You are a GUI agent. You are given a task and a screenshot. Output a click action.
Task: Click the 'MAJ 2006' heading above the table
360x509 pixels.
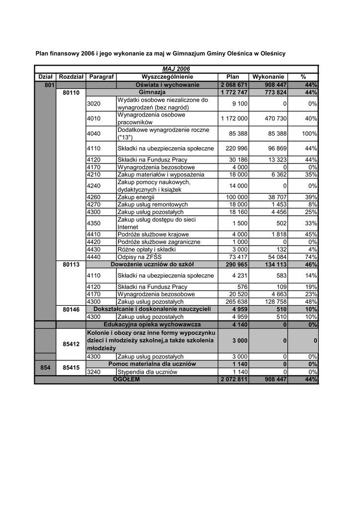(x=176, y=69)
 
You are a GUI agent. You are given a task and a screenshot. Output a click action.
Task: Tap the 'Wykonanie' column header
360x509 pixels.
(x=269, y=77)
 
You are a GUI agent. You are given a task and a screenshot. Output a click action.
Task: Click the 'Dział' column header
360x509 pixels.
(x=45, y=77)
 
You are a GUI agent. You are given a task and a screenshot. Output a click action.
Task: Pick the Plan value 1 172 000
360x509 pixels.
(x=234, y=119)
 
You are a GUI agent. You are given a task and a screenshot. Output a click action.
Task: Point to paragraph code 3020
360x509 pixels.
(x=93, y=104)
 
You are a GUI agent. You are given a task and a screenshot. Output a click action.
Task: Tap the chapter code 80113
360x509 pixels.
(x=71, y=265)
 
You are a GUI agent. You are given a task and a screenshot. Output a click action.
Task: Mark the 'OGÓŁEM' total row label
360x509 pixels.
(x=126, y=379)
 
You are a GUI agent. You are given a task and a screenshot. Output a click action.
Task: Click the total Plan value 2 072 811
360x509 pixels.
(x=233, y=380)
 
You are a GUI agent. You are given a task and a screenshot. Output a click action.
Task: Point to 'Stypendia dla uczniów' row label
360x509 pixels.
(x=147, y=372)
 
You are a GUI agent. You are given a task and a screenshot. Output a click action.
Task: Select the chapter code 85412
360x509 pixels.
(x=71, y=343)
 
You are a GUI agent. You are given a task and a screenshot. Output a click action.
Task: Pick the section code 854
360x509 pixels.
(x=45, y=368)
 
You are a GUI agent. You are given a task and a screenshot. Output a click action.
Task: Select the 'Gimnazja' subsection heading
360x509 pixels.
(x=152, y=92)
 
